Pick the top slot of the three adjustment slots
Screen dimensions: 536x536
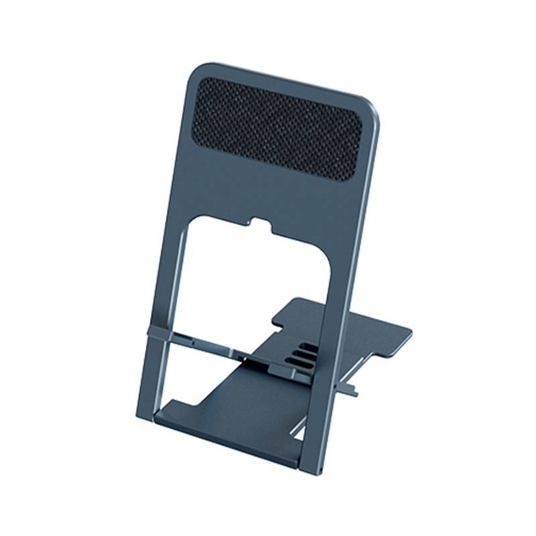click(308, 348)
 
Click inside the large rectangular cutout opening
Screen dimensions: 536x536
click(255, 281)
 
